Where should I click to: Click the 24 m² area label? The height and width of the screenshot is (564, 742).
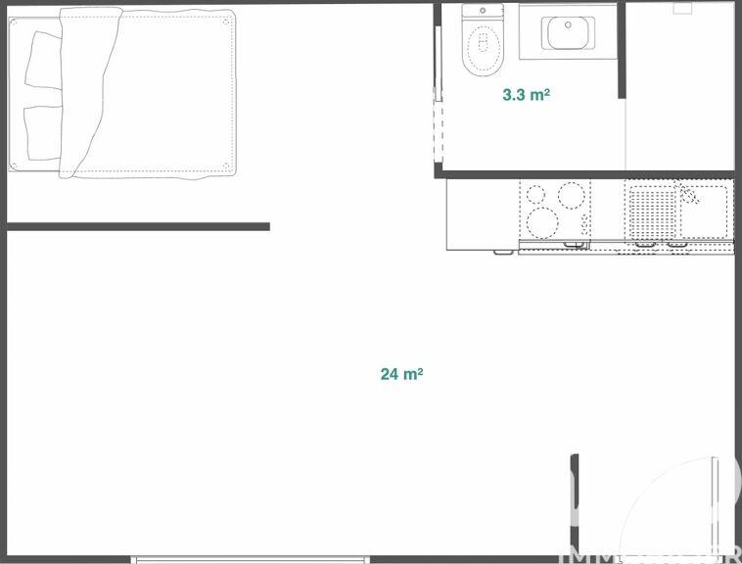[401, 373]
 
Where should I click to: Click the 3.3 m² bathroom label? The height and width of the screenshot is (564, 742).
[526, 95]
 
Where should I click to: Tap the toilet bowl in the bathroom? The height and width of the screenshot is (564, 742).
[481, 46]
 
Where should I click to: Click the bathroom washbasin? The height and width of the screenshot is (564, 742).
[568, 32]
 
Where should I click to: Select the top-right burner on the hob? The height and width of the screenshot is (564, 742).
[569, 196]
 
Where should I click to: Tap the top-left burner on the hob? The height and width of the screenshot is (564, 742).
[535, 194]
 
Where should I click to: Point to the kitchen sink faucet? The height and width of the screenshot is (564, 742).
[689, 193]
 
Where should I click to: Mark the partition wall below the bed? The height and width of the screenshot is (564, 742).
[137, 226]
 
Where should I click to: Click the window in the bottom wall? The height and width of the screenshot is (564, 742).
[251, 559]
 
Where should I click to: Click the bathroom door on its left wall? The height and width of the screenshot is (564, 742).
[438, 127]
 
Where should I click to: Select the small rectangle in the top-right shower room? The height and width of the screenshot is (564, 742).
[682, 8]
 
